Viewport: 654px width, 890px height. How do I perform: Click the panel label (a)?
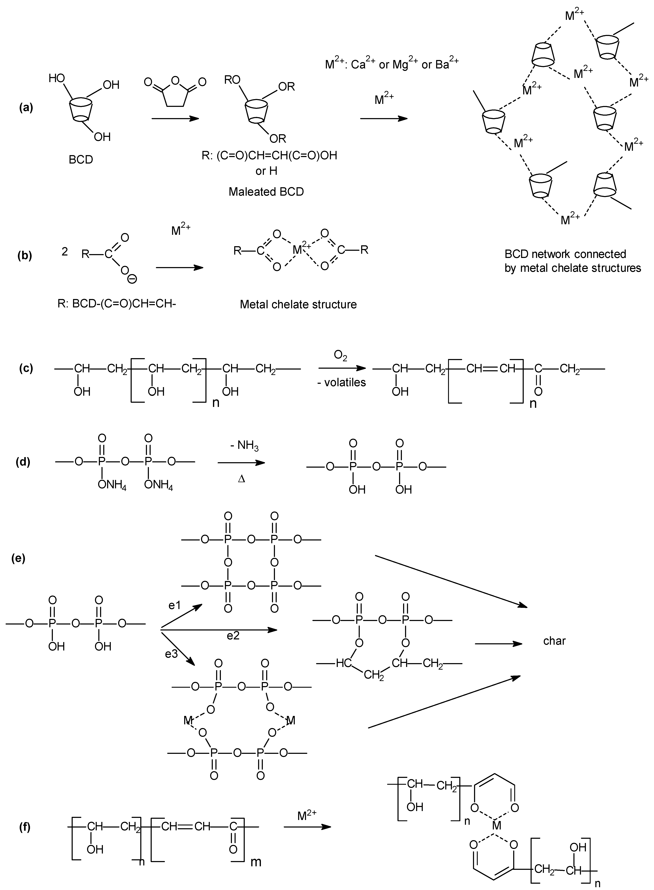[26, 108]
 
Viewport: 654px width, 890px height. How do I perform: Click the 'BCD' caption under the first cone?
[81, 160]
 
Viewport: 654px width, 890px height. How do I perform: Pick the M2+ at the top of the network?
[574, 16]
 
